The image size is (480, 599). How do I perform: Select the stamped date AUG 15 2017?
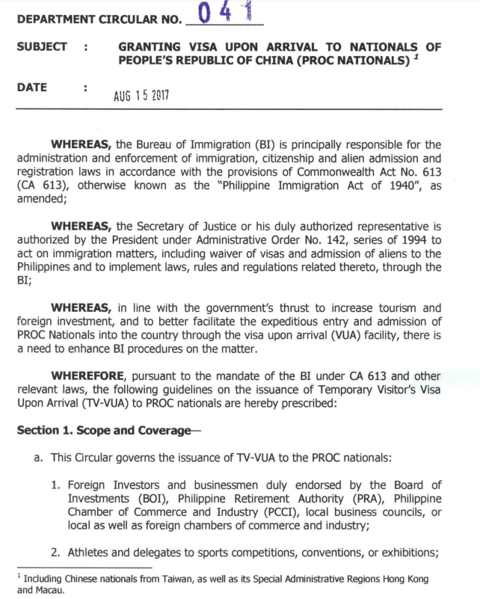142,96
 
